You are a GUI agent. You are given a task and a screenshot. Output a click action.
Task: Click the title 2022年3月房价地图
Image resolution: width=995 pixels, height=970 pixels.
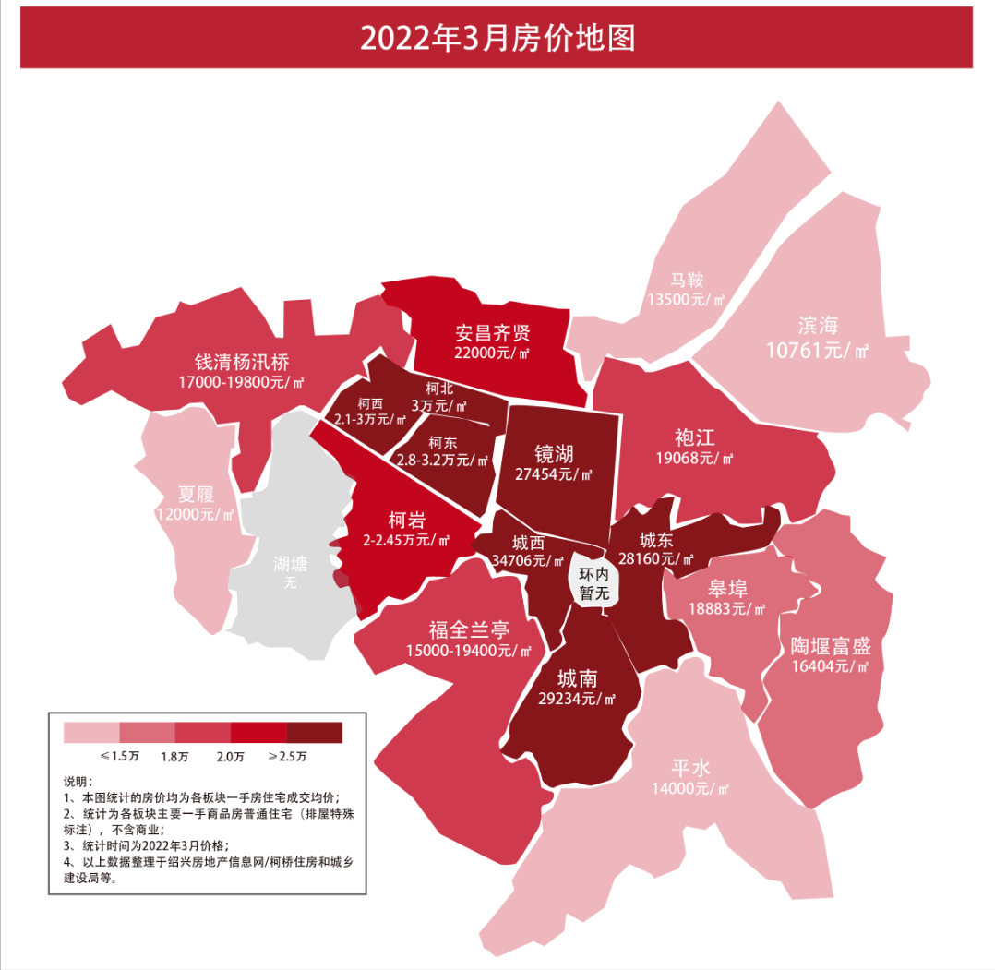pos(497,38)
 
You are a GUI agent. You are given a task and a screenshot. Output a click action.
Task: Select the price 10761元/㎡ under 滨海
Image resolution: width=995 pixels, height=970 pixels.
pos(818,350)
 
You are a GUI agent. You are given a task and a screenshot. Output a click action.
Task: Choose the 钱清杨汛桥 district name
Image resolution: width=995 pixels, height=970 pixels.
pos(242,361)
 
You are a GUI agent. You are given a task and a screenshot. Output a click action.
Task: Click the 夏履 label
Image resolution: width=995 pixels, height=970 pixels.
pos(195,495)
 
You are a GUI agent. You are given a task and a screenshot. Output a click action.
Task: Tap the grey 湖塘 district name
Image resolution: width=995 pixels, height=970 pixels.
pos(291,563)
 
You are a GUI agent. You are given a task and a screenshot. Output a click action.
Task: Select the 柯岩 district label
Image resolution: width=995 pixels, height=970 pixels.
pos(406,520)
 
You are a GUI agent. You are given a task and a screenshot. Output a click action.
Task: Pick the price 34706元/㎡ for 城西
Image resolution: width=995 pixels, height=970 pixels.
pos(529,560)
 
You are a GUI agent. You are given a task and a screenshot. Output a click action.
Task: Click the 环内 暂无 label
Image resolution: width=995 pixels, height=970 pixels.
pos(594,584)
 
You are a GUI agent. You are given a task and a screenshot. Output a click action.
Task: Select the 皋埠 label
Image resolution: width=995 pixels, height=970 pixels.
pos(727,589)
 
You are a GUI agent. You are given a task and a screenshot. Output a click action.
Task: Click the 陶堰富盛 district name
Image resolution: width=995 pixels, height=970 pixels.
pos(831,645)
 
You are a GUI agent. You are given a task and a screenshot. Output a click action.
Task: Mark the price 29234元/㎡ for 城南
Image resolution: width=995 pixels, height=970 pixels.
pos(577,699)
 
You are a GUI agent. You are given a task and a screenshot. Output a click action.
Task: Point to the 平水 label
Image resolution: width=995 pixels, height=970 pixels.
pos(690,768)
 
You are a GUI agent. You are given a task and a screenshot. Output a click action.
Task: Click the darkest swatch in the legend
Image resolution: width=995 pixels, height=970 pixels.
pos(314,733)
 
